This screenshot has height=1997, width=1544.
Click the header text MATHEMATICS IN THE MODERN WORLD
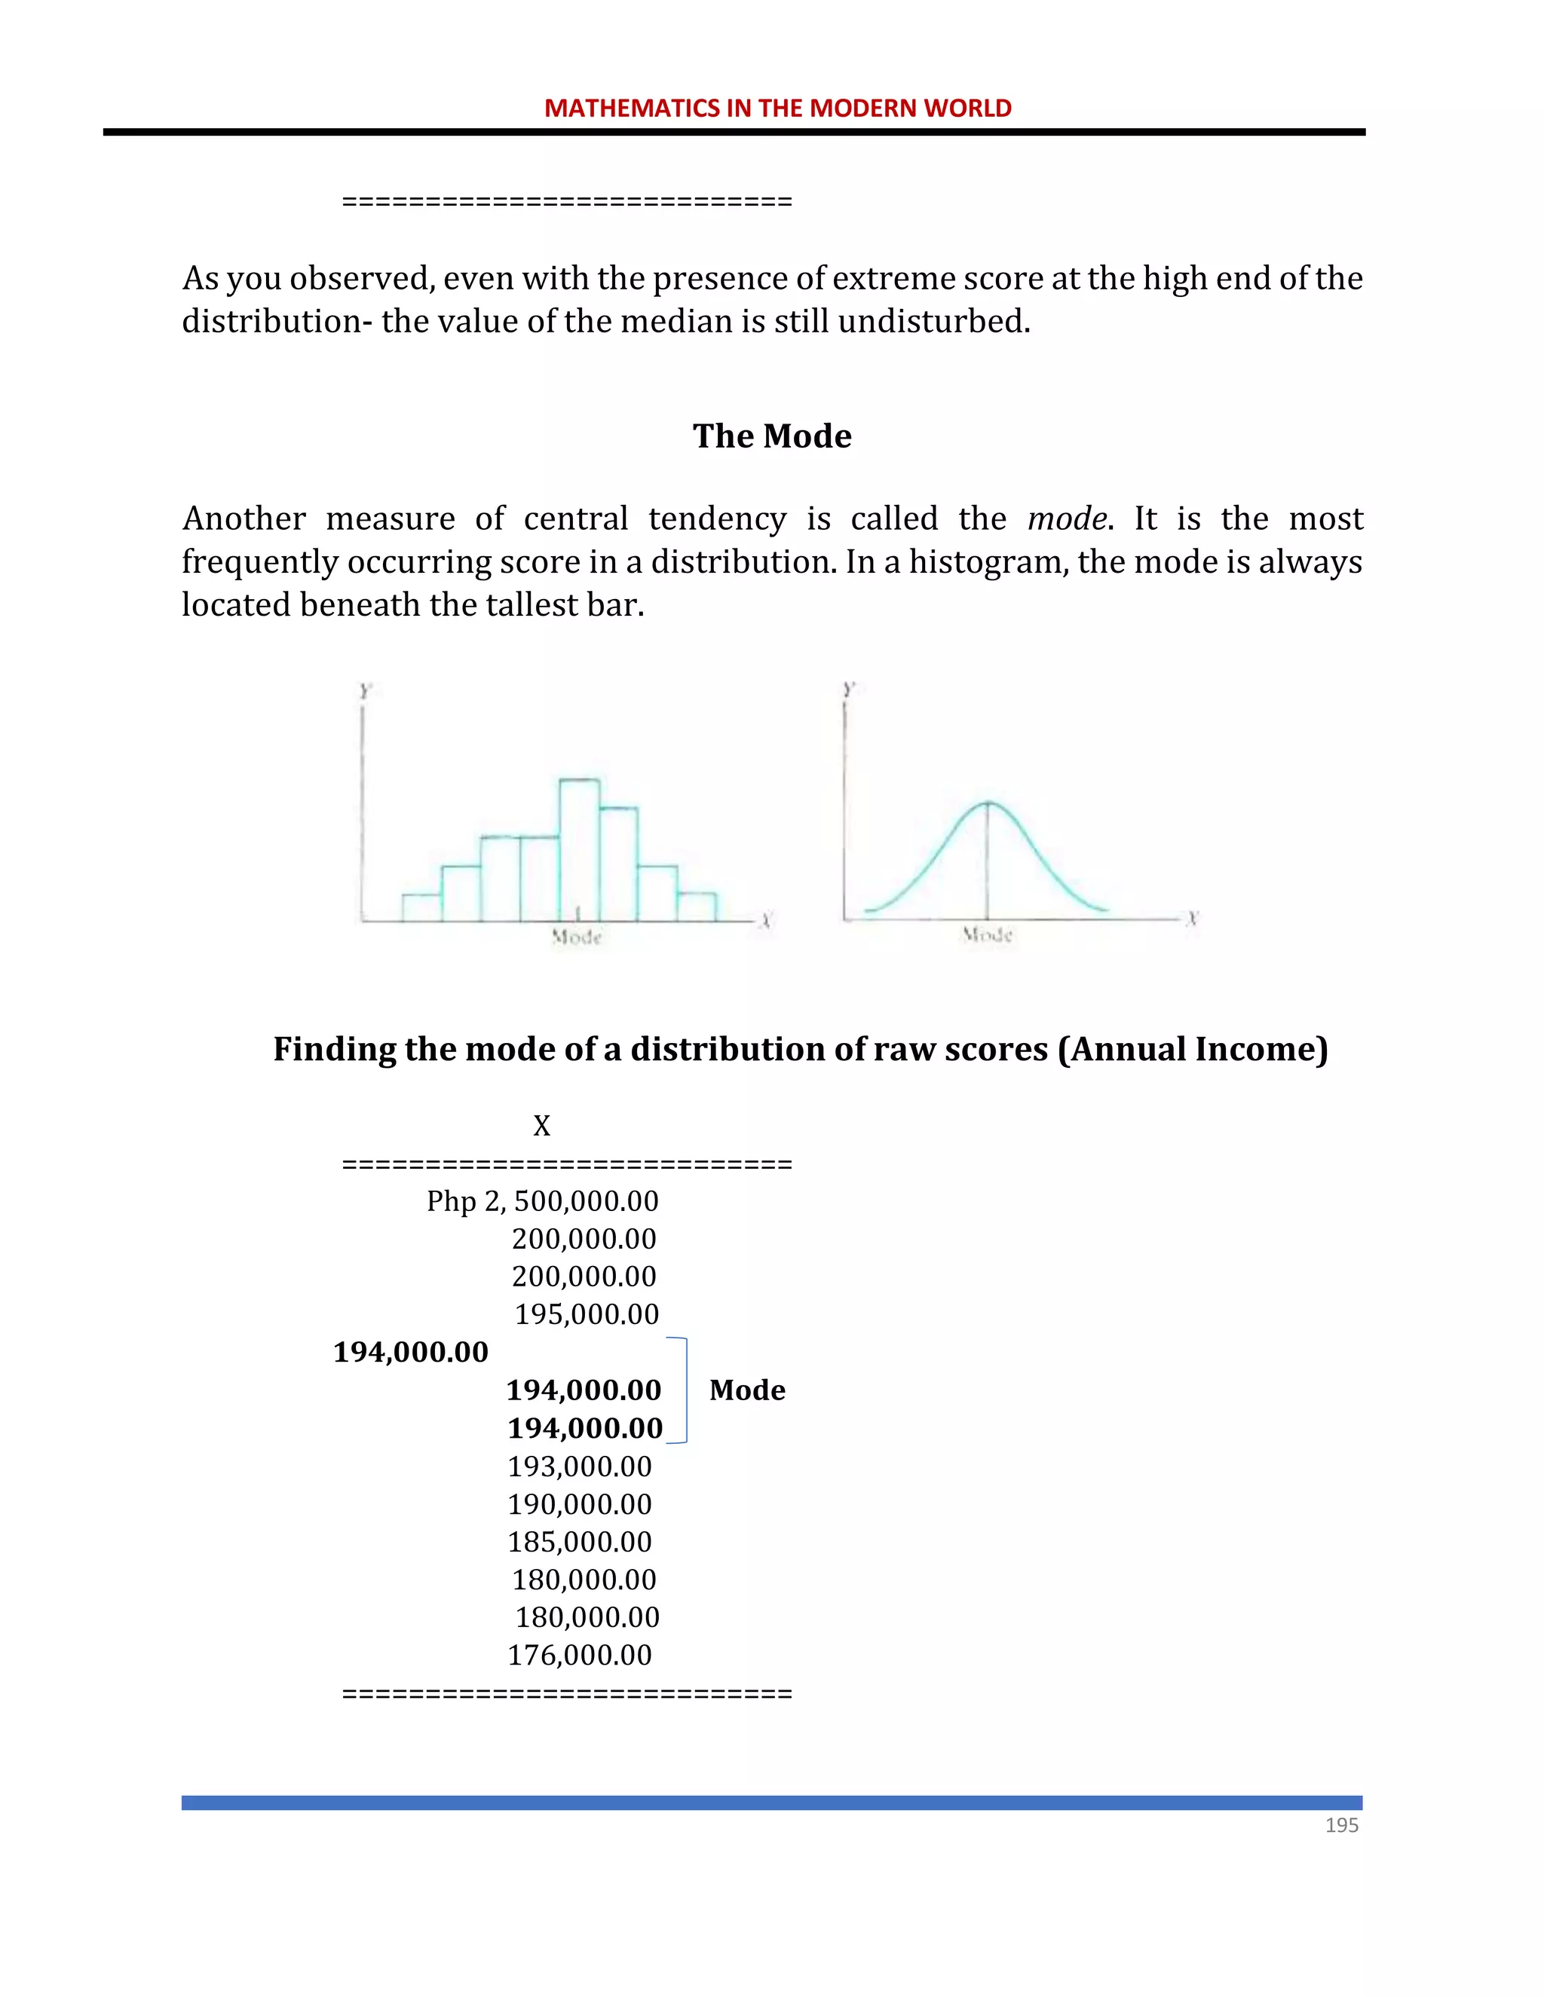[777, 108]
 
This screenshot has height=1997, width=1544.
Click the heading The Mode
[771, 436]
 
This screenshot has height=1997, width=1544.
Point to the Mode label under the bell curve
[987, 934]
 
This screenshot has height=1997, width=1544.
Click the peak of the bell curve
[988, 803]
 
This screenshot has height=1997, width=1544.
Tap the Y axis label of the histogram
[365, 691]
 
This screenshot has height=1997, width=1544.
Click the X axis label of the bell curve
[1192, 918]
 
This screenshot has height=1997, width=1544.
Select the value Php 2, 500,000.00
[542, 1200]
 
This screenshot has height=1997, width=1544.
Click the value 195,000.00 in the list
[587, 1314]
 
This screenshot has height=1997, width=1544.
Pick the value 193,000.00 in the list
[580, 1466]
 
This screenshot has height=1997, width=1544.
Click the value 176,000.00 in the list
[580, 1655]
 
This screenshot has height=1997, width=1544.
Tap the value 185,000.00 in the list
[580, 1542]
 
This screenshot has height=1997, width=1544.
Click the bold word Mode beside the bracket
[746, 1390]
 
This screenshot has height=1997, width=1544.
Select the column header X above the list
[541, 1126]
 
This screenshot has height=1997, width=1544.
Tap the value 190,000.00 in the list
[580, 1504]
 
